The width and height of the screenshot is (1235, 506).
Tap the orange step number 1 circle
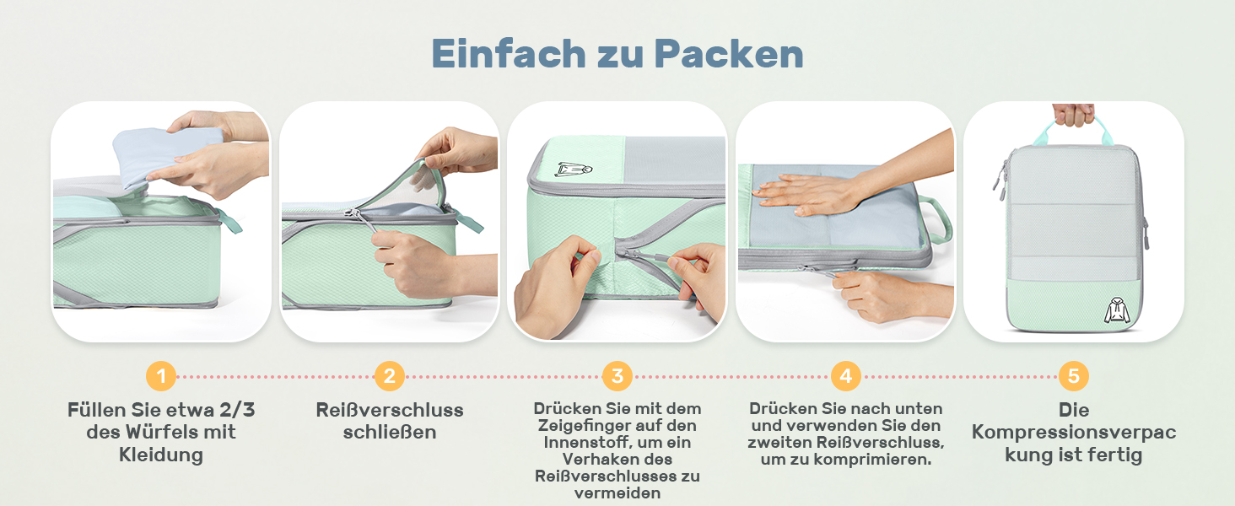tap(161, 375)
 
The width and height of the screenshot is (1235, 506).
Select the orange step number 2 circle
tap(389, 375)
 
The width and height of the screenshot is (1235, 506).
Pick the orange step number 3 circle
tap(617, 375)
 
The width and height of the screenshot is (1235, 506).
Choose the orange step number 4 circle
tap(845, 375)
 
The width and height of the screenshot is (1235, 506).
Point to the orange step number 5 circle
tap(1073, 375)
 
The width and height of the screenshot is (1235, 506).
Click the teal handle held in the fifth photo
tap(1073, 129)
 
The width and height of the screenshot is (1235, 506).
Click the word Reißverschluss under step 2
tap(389, 411)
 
